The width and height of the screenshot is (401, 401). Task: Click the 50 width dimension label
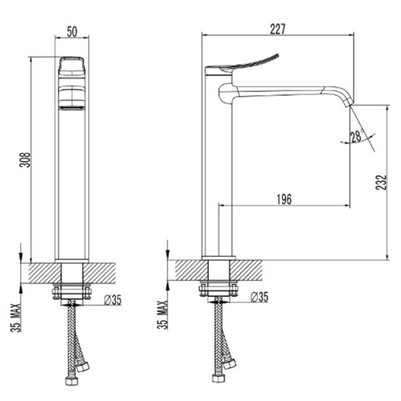tap(72, 31)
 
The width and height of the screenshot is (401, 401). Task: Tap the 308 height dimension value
tap(25, 160)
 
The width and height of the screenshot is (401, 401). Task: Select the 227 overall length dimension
tap(278, 29)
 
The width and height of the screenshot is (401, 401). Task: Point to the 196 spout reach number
tap(284, 199)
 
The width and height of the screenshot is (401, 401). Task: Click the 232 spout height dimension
tap(381, 182)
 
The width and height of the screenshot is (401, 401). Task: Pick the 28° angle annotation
tap(357, 136)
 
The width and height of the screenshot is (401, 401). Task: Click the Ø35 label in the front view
tap(113, 300)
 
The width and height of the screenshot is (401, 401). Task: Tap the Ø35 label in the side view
tap(259, 297)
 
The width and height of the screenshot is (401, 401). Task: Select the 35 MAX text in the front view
tap(15, 317)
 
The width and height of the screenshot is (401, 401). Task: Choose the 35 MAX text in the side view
tap(162, 315)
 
